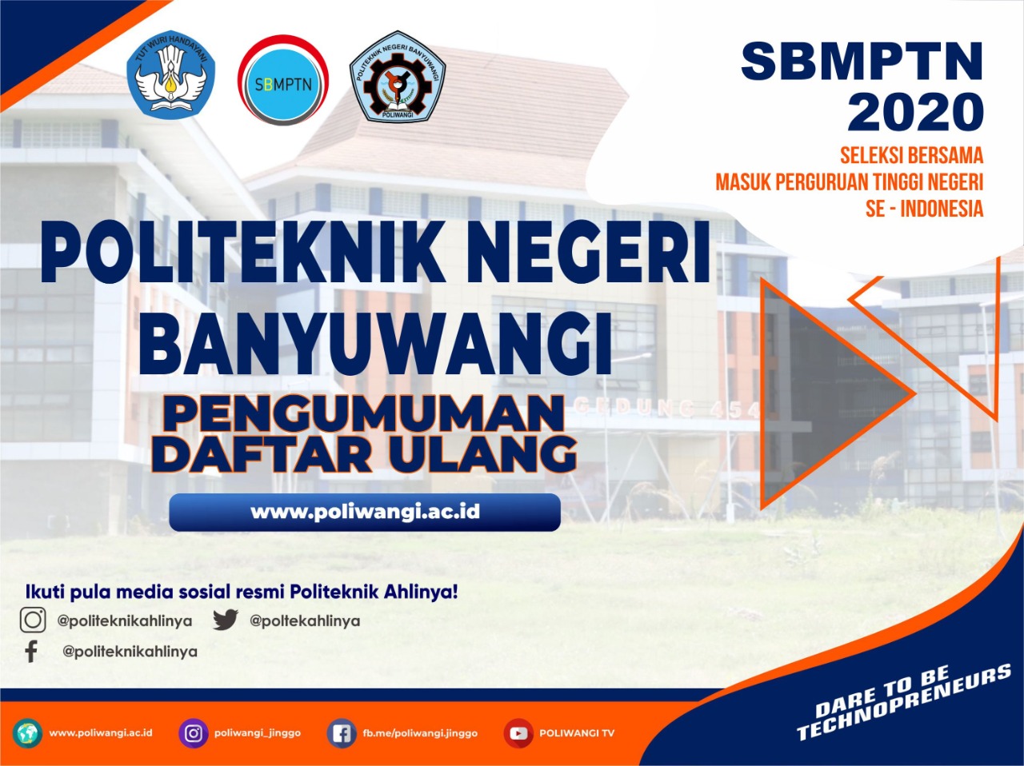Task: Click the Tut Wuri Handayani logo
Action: coord(171,75)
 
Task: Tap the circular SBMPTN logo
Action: coord(282,81)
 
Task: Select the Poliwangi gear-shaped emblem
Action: coord(398,78)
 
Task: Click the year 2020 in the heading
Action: coord(915,112)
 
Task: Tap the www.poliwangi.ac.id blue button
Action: coord(365,512)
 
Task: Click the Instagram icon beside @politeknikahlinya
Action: coord(33,620)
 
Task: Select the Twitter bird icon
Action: coord(226,620)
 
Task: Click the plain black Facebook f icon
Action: coord(31,651)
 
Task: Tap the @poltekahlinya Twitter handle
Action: coord(305,620)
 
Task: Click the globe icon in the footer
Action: coord(27,733)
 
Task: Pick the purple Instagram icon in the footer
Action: coord(193,733)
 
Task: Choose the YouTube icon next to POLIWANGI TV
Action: coord(518,733)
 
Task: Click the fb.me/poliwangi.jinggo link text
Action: coord(420,733)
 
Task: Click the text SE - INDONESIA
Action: coord(924,209)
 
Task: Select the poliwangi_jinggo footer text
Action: coord(258,733)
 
